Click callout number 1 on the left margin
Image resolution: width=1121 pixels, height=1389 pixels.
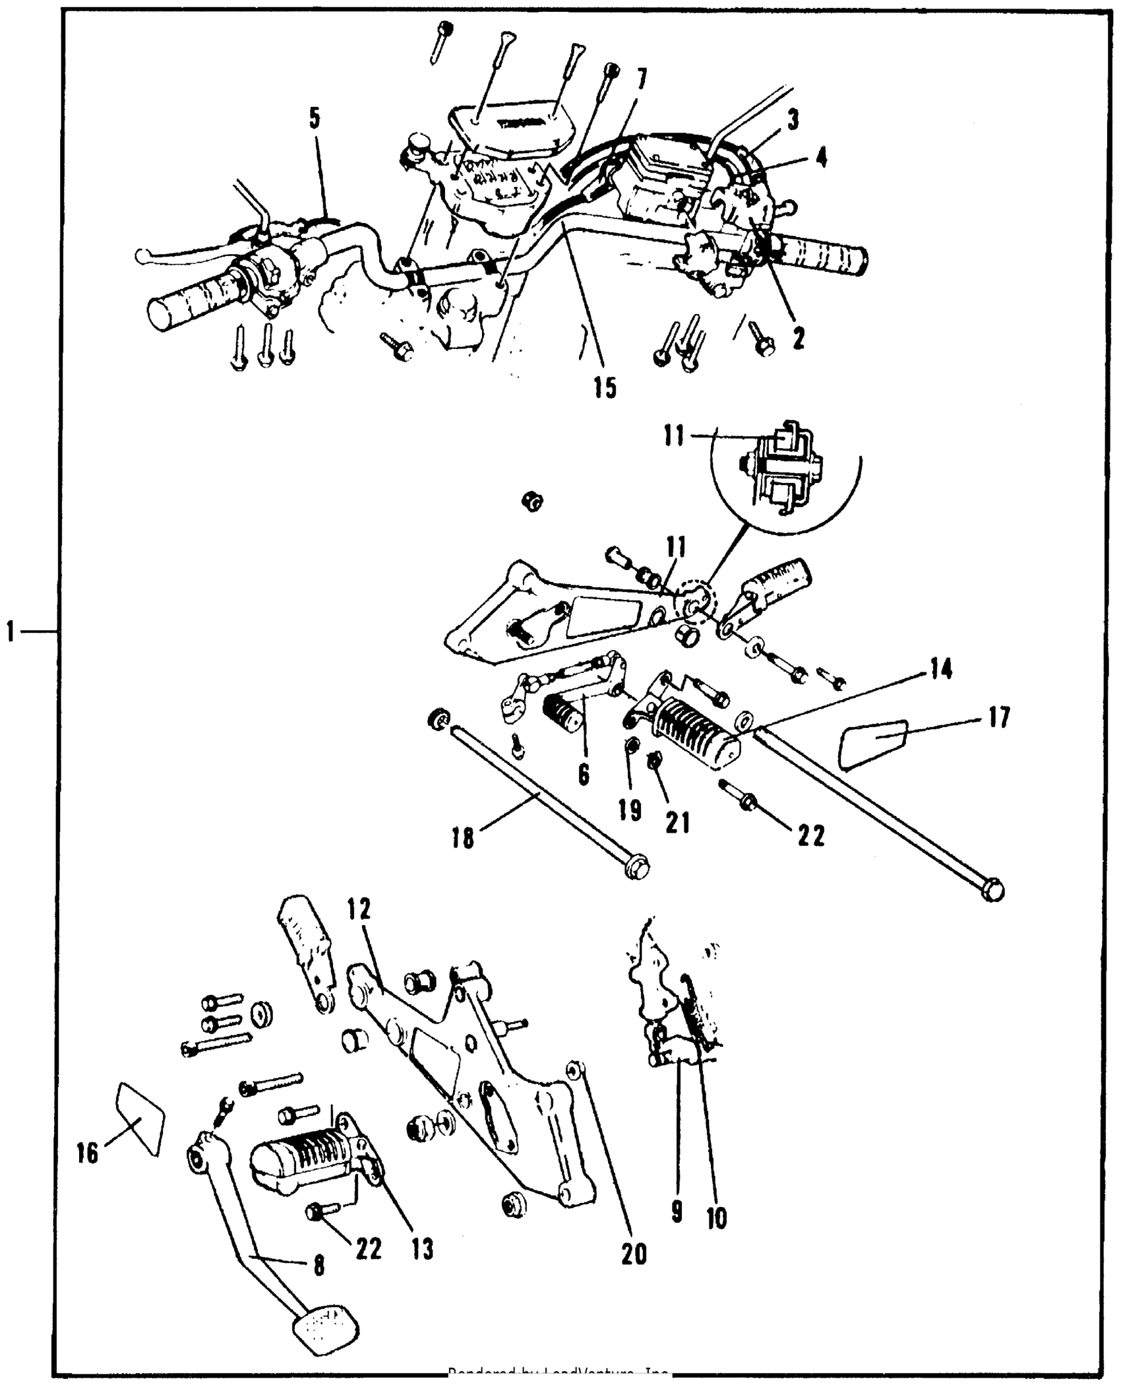(x=11, y=631)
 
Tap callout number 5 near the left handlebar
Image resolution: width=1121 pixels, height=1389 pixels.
(x=315, y=119)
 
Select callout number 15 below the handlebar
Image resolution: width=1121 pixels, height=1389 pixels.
(x=604, y=387)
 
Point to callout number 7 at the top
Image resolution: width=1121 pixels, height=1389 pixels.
(x=641, y=79)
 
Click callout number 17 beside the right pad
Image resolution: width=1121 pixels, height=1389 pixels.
(x=999, y=717)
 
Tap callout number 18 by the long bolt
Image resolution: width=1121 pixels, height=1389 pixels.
(x=464, y=838)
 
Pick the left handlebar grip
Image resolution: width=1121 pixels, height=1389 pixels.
(x=191, y=305)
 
